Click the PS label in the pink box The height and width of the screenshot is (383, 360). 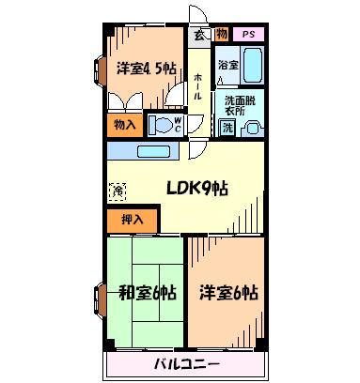pos(248,35)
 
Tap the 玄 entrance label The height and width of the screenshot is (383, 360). pos(199,35)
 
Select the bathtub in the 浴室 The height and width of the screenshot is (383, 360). pos(253,65)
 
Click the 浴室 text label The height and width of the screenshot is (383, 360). pos(228,65)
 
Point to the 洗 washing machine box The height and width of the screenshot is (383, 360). pos(227,128)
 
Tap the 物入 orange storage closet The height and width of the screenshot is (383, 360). pos(125,125)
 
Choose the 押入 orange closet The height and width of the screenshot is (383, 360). pos(133,221)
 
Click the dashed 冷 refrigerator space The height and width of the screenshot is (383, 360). pos(117,191)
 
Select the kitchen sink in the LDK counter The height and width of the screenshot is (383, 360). pos(153,152)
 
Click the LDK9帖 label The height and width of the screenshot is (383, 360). pos(196,189)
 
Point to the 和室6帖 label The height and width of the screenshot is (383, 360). pos(148,293)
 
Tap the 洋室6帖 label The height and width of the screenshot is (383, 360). pos(228,293)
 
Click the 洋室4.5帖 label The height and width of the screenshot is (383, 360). pos(147,69)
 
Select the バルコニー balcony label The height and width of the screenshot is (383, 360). pos(187,364)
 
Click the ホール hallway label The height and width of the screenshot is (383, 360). pos(197,86)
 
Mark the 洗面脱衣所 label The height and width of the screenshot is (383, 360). pos(240,106)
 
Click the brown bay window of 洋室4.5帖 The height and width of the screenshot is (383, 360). pos(100,71)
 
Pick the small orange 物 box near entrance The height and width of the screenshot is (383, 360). pos(222,34)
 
